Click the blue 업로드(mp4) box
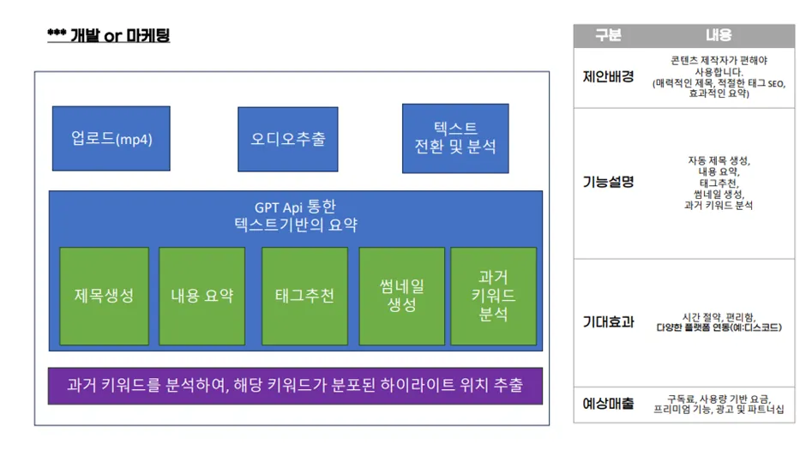point(111,138)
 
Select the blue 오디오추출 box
point(288,138)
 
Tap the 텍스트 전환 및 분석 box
point(454,138)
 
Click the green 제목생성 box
point(104,296)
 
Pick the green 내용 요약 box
point(201,296)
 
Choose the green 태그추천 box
point(304,296)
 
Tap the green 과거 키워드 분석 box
point(493,296)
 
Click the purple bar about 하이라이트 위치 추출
point(295,385)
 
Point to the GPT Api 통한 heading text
point(295,207)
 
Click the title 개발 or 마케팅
point(108,35)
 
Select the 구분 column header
point(608,35)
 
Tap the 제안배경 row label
point(608,76)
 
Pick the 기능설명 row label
point(608,182)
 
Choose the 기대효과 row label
point(608,322)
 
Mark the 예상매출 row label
point(608,404)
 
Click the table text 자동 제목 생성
point(719,160)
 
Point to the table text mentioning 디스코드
point(719,327)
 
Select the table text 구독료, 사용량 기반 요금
point(719,399)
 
